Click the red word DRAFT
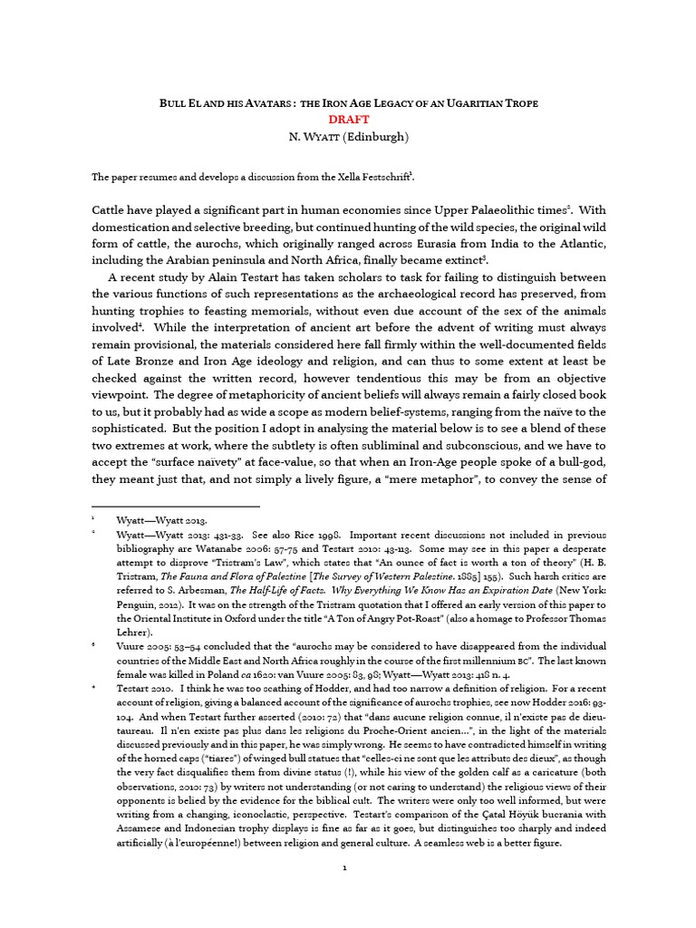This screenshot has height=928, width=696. pos(348,119)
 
